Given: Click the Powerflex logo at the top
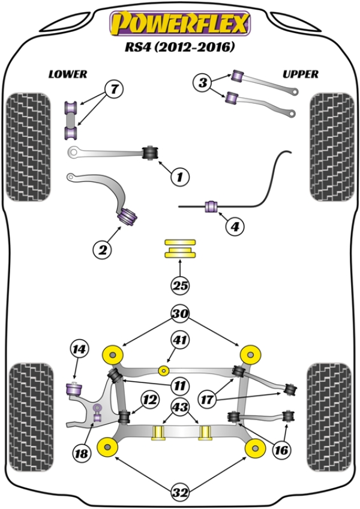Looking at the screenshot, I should (179, 24).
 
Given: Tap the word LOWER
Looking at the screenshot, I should (68, 74).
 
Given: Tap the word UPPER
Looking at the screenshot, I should (300, 74).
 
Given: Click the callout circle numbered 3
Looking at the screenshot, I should (203, 82).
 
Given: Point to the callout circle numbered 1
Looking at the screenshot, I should (179, 176).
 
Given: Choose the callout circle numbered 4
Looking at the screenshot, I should (235, 227).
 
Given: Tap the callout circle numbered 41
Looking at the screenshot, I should (180, 340).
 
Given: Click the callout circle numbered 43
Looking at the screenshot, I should (180, 406).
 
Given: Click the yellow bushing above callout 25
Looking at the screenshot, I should (180, 248).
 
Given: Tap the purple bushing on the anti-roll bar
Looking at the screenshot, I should (211, 206).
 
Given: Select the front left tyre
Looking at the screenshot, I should (28, 146).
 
